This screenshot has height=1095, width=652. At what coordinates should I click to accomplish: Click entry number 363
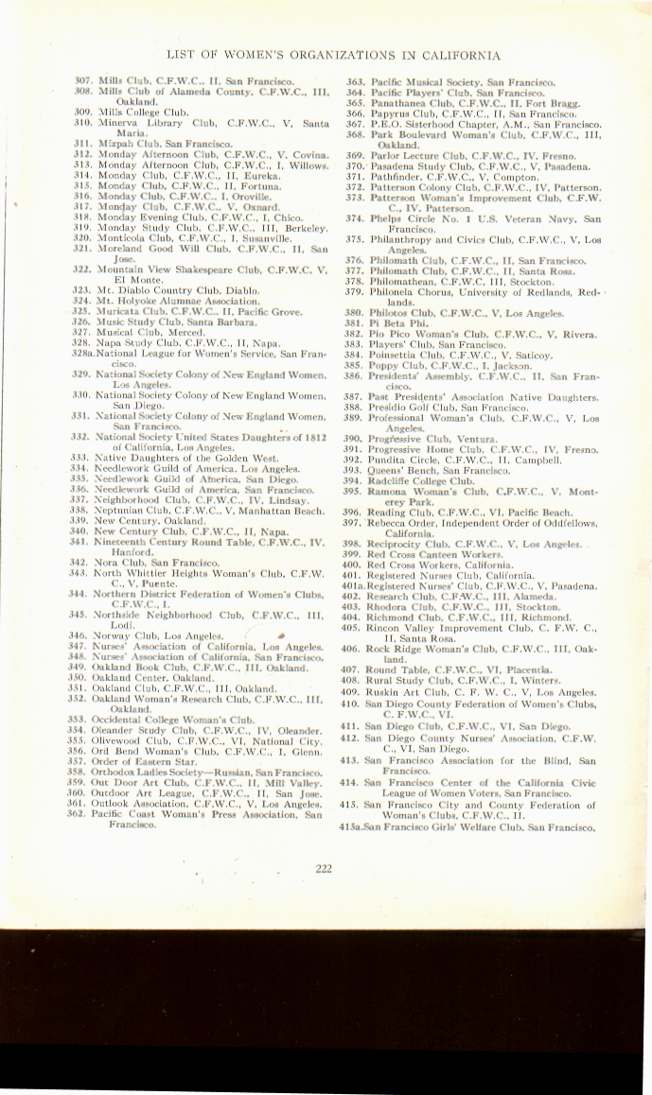(355, 82)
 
